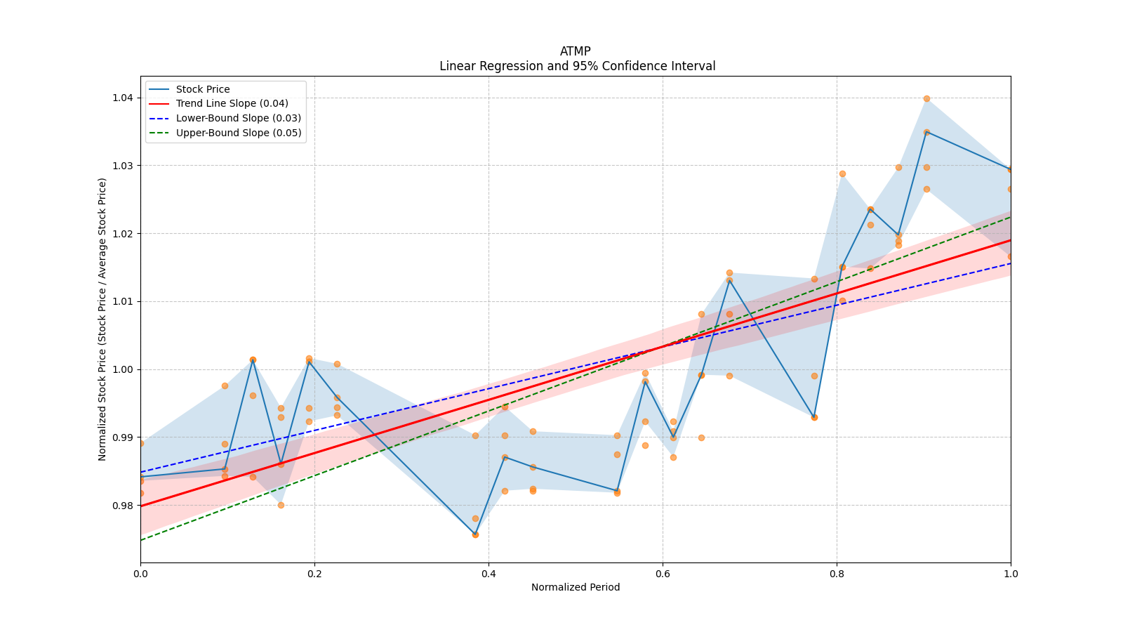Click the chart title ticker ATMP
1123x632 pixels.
tap(575, 51)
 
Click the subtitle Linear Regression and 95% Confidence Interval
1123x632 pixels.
tap(577, 66)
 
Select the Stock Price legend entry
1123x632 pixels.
tap(203, 89)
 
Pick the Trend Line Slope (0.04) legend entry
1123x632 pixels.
tap(232, 103)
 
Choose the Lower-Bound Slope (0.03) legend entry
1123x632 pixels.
tap(238, 118)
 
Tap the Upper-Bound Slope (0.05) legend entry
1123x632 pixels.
tap(239, 133)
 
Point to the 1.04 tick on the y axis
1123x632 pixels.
tap(123, 98)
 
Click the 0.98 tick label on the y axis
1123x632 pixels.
tap(123, 506)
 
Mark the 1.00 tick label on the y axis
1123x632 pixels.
tap(123, 369)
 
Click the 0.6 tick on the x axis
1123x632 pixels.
tap(663, 574)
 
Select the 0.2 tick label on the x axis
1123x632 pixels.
tap(314, 574)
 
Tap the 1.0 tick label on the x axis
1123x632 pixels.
tap(1011, 574)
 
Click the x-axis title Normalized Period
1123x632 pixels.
tap(576, 587)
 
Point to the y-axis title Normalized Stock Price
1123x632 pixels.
tap(102, 319)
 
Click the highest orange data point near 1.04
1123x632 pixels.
tap(926, 98)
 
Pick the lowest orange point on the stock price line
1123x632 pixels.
tap(475, 534)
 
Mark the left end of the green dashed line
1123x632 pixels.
tap(141, 540)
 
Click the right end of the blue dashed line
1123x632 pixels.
tap(1010, 263)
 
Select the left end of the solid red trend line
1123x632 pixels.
tap(141, 506)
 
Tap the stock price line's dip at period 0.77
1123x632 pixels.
tap(814, 417)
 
